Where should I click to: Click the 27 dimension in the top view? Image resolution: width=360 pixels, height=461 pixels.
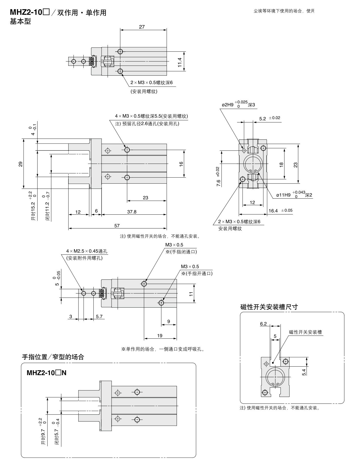(x=142, y=27)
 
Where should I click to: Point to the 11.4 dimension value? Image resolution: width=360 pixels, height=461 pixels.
(x=180, y=62)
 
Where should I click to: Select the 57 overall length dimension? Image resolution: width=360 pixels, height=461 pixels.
(x=117, y=225)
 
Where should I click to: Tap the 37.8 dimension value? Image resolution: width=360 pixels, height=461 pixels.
(x=132, y=212)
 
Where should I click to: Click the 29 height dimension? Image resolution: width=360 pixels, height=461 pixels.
(x=21, y=164)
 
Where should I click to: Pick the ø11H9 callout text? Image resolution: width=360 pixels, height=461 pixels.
(x=283, y=195)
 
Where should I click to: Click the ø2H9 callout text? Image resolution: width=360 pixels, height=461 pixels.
(x=228, y=105)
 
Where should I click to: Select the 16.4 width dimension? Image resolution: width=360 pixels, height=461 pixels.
(x=273, y=211)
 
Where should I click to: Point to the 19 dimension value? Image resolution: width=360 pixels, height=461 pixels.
(x=160, y=335)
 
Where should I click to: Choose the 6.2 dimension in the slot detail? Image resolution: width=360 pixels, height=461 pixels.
(x=263, y=324)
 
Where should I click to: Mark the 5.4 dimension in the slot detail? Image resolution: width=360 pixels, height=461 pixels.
(x=304, y=372)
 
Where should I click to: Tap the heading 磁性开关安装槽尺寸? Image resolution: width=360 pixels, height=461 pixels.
(x=269, y=307)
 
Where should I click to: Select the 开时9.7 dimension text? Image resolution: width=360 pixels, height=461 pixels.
(x=43, y=437)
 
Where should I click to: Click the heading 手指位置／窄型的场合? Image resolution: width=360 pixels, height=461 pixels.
(x=53, y=357)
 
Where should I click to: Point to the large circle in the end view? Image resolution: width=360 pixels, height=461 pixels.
(x=253, y=164)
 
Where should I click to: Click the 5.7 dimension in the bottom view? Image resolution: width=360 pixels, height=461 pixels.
(x=99, y=317)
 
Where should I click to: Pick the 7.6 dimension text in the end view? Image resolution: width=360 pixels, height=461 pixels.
(x=219, y=183)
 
